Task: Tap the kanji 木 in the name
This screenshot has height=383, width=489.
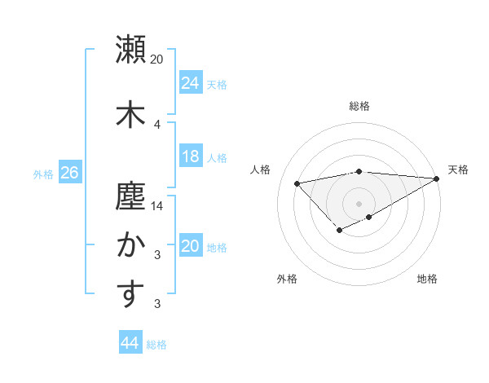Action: (130, 112)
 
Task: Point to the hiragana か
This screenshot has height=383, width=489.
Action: (130, 244)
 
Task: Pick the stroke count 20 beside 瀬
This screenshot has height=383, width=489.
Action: (157, 59)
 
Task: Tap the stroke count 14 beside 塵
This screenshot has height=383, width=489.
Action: (157, 206)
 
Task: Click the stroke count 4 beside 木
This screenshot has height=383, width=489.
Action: (157, 124)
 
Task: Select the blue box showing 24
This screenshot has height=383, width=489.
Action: (190, 83)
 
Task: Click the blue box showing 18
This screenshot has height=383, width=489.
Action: (190, 156)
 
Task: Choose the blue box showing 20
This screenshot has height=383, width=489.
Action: (190, 246)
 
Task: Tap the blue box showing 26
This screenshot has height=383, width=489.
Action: (69, 173)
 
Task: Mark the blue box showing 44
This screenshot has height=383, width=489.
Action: (130, 343)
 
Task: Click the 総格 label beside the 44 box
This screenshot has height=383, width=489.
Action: (156, 345)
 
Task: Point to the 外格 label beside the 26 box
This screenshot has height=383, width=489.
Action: (43, 174)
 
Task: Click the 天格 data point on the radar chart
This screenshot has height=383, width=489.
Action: (438, 179)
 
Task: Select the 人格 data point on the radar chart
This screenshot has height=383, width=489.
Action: (297, 183)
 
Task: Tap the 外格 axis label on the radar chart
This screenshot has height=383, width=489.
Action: (286, 279)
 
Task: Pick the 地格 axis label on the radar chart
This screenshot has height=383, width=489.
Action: (427, 279)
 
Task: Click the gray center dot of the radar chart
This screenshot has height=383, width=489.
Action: (359, 203)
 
